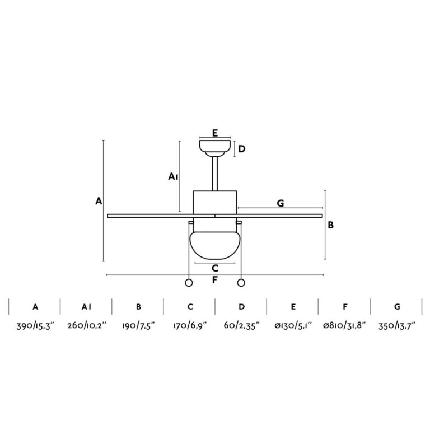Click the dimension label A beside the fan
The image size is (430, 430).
(x=99, y=202)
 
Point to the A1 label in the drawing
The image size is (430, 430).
(x=174, y=176)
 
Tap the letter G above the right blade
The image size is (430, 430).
(x=281, y=203)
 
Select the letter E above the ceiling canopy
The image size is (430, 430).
(x=215, y=133)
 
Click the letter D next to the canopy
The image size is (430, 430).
(x=242, y=149)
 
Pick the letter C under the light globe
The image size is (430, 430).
(x=215, y=268)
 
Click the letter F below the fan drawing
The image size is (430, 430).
(x=215, y=280)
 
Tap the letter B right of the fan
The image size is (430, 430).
(x=331, y=225)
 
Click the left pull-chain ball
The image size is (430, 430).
(x=189, y=283)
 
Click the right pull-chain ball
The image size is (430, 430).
(x=241, y=283)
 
